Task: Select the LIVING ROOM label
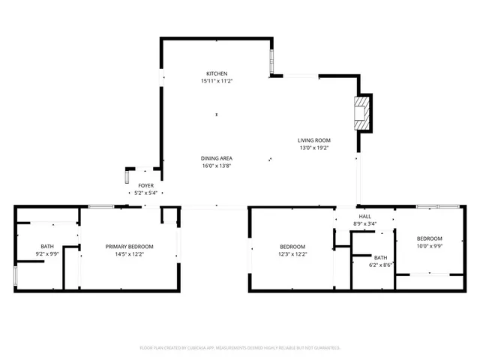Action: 313,140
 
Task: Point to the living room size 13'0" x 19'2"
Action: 313,148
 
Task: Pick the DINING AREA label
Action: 216,158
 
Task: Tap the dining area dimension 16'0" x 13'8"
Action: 216,166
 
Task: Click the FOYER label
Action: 145,185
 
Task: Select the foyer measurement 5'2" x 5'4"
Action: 145,193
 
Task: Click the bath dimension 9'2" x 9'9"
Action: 47,254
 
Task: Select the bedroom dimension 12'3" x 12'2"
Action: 292,254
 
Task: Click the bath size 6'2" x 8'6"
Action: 381,265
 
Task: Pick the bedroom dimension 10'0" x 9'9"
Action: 430,245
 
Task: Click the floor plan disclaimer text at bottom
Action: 240,348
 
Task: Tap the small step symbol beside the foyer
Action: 127,177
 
